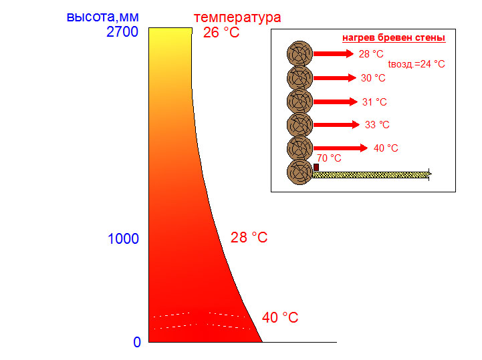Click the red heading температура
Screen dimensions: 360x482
(x=237, y=17)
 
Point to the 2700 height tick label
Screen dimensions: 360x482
(x=122, y=31)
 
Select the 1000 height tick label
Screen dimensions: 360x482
(x=123, y=238)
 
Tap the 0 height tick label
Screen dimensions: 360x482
(x=137, y=343)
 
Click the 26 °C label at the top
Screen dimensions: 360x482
(x=221, y=32)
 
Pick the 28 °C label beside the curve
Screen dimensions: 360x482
(x=249, y=237)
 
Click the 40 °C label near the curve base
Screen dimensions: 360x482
(x=280, y=317)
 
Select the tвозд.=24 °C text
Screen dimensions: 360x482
(x=416, y=64)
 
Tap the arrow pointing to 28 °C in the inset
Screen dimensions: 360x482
(x=333, y=54)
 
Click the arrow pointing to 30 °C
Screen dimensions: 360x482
(x=335, y=78)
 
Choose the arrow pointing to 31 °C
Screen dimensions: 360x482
(x=336, y=102)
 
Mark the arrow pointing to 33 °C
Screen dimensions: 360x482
(x=337, y=124)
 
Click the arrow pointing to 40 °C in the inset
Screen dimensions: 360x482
(x=340, y=148)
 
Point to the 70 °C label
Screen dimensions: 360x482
(x=329, y=158)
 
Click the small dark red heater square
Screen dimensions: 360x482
(x=316, y=167)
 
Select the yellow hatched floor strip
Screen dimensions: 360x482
(x=371, y=174)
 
